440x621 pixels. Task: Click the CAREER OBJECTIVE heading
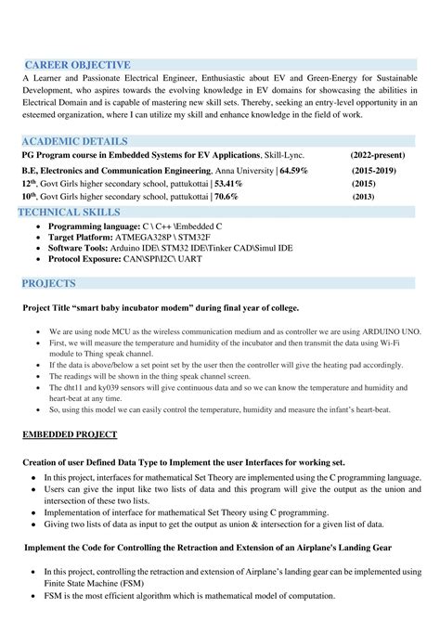[x=77, y=65]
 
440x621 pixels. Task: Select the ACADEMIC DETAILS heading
[x=74, y=140]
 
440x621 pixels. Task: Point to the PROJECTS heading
[x=50, y=281]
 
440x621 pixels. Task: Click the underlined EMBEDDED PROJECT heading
[x=70, y=434]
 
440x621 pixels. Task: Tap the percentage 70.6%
[x=226, y=198]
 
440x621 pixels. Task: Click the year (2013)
[x=364, y=198]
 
